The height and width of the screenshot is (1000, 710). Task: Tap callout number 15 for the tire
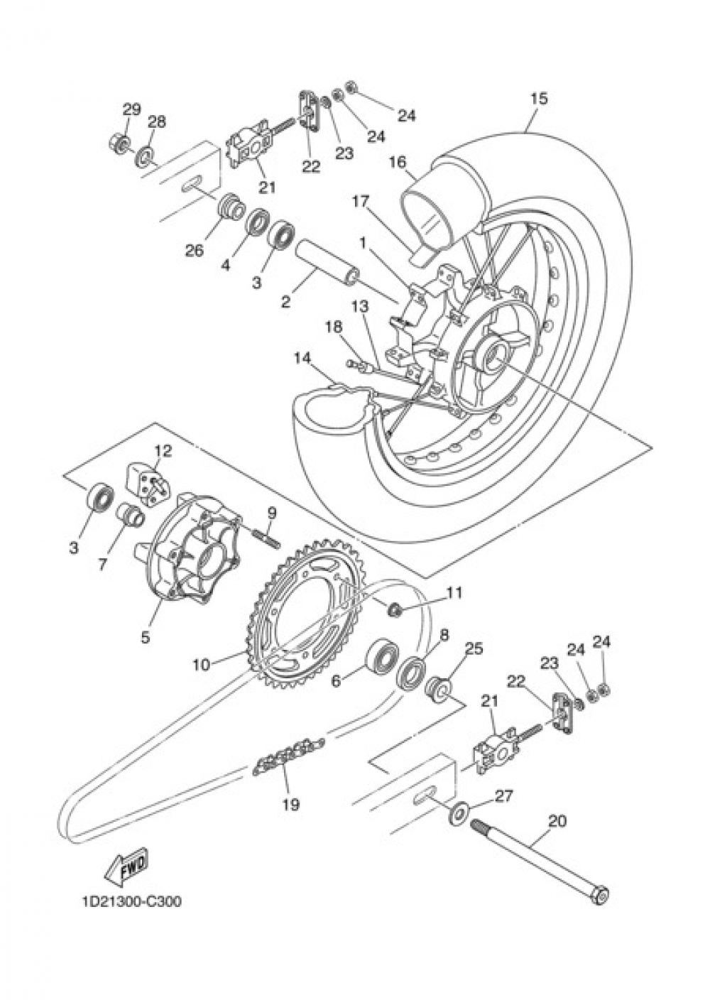[539, 99]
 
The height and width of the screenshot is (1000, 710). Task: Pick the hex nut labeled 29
[119, 143]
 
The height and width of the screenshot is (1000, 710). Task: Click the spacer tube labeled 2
[326, 262]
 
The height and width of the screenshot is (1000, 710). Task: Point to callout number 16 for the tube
[398, 163]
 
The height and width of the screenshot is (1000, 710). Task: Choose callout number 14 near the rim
[303, 359]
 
